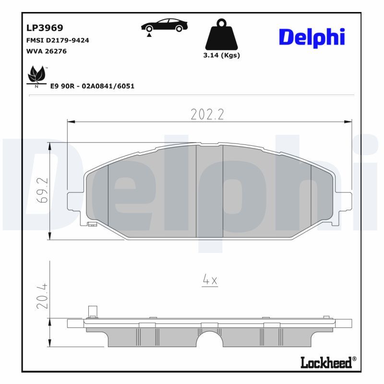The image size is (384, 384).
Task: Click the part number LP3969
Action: coord(44,28)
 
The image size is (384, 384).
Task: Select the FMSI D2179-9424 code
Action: coord(57,40)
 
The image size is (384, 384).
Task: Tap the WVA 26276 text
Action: coord(46,51)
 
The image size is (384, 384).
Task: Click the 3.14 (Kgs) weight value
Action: coord(221,55)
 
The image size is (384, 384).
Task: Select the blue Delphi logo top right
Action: coord(312,37)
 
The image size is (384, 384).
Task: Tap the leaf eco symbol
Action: coord(36,76)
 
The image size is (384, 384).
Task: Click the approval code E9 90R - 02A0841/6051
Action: coord(92,86)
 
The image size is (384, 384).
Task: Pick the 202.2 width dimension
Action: coord(207,114)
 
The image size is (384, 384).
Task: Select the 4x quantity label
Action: coord(210,280)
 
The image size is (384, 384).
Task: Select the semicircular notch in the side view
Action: coord(210,338)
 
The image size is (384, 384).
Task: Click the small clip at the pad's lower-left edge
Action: coord(92,224)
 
